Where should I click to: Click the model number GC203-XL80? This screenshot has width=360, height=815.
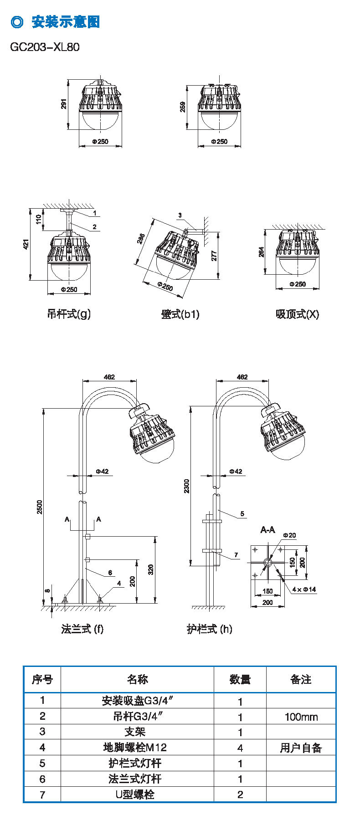pos(45,47)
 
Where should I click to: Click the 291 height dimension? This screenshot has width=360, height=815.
pos(64,104)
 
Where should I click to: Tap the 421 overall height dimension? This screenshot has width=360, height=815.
pos(26,244)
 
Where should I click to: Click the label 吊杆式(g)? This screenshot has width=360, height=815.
pos(69,314)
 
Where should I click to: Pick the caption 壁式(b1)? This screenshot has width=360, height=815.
pos(180,314)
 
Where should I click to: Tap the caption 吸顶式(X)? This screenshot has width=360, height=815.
pos(297,314)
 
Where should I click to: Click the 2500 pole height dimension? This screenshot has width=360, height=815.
pos(40,507)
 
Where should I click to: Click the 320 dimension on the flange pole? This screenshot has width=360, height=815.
pos(151,569)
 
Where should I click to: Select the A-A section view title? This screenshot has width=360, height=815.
pos(267,530)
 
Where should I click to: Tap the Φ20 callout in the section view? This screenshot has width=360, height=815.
pos(289,535)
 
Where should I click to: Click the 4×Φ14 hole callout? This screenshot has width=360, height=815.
pos(304,589)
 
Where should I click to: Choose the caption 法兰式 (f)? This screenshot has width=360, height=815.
pos(82,629)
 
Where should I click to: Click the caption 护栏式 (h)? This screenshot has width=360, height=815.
pos(209,629)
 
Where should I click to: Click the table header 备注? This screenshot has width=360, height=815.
pos(301,680)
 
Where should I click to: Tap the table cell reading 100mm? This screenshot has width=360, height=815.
pos(301,717)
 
